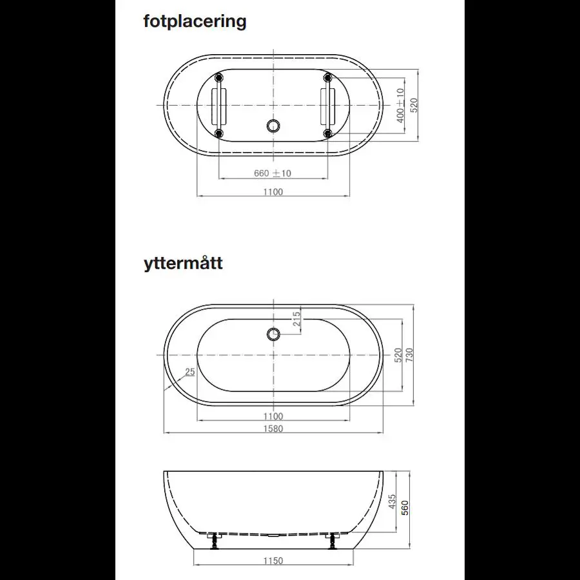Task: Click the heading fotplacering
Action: (195, 22)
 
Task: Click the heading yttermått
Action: (183, 264)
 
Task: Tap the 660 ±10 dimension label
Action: (273, 173)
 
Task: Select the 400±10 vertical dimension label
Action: (400, 106)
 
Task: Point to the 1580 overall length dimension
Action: (273, 429)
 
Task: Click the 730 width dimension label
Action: (409, 354)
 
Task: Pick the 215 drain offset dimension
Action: (296, 318)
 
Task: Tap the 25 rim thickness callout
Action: (189, 372)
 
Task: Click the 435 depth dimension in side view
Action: (392, 501)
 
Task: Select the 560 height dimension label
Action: (405, 508)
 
